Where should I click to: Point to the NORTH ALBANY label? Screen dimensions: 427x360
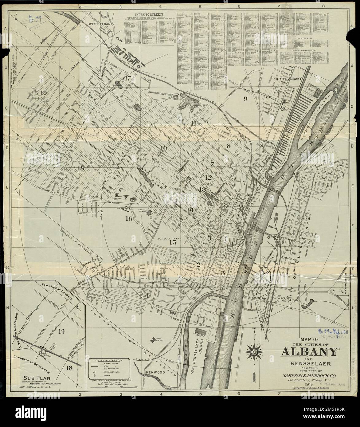coord(288,79)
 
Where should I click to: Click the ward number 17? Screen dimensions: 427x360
coord(128,78)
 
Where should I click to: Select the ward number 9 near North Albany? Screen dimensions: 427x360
coord(245,99)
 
